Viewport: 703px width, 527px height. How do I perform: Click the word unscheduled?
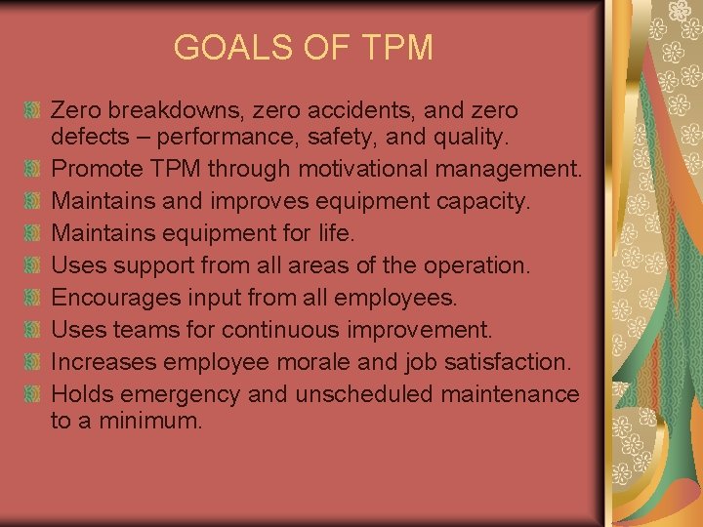pyautogui.click(x=356, y=393)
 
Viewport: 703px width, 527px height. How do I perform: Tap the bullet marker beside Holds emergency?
pyautogui.click(x=35, y=393)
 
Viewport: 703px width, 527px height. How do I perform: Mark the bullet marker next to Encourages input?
pyautogui.click(x=35, y=297)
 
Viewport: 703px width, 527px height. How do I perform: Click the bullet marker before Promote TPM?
pyautogui.click(x=35, y=169)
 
